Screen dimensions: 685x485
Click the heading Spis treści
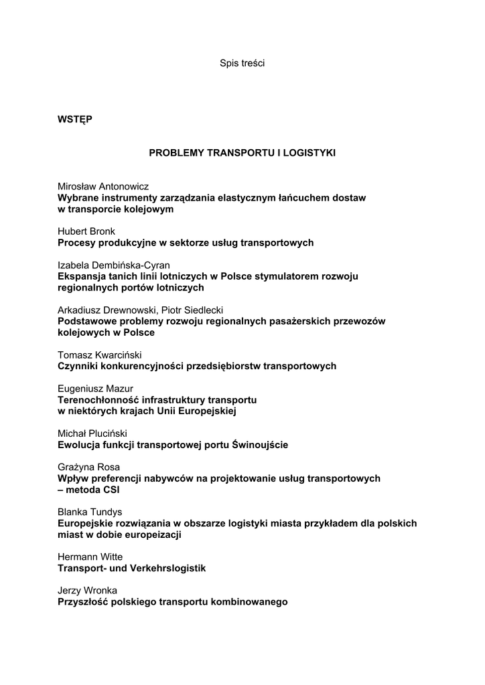[x=242, y=64]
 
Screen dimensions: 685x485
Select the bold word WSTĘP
[x=75, y=120]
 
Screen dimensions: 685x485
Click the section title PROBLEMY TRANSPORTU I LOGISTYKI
[x=242, y=153]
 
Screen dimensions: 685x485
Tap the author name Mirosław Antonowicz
[x=103, y=187]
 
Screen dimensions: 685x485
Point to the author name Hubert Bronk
[x=86, y=231]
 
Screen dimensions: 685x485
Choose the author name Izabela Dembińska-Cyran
[x=114, y=265]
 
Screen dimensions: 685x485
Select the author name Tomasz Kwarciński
[x=100, y=355]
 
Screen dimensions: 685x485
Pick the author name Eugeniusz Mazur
[x=95, y=389]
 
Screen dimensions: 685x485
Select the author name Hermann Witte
[x=90, y=557]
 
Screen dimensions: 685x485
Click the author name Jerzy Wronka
[x=88, y=590]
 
